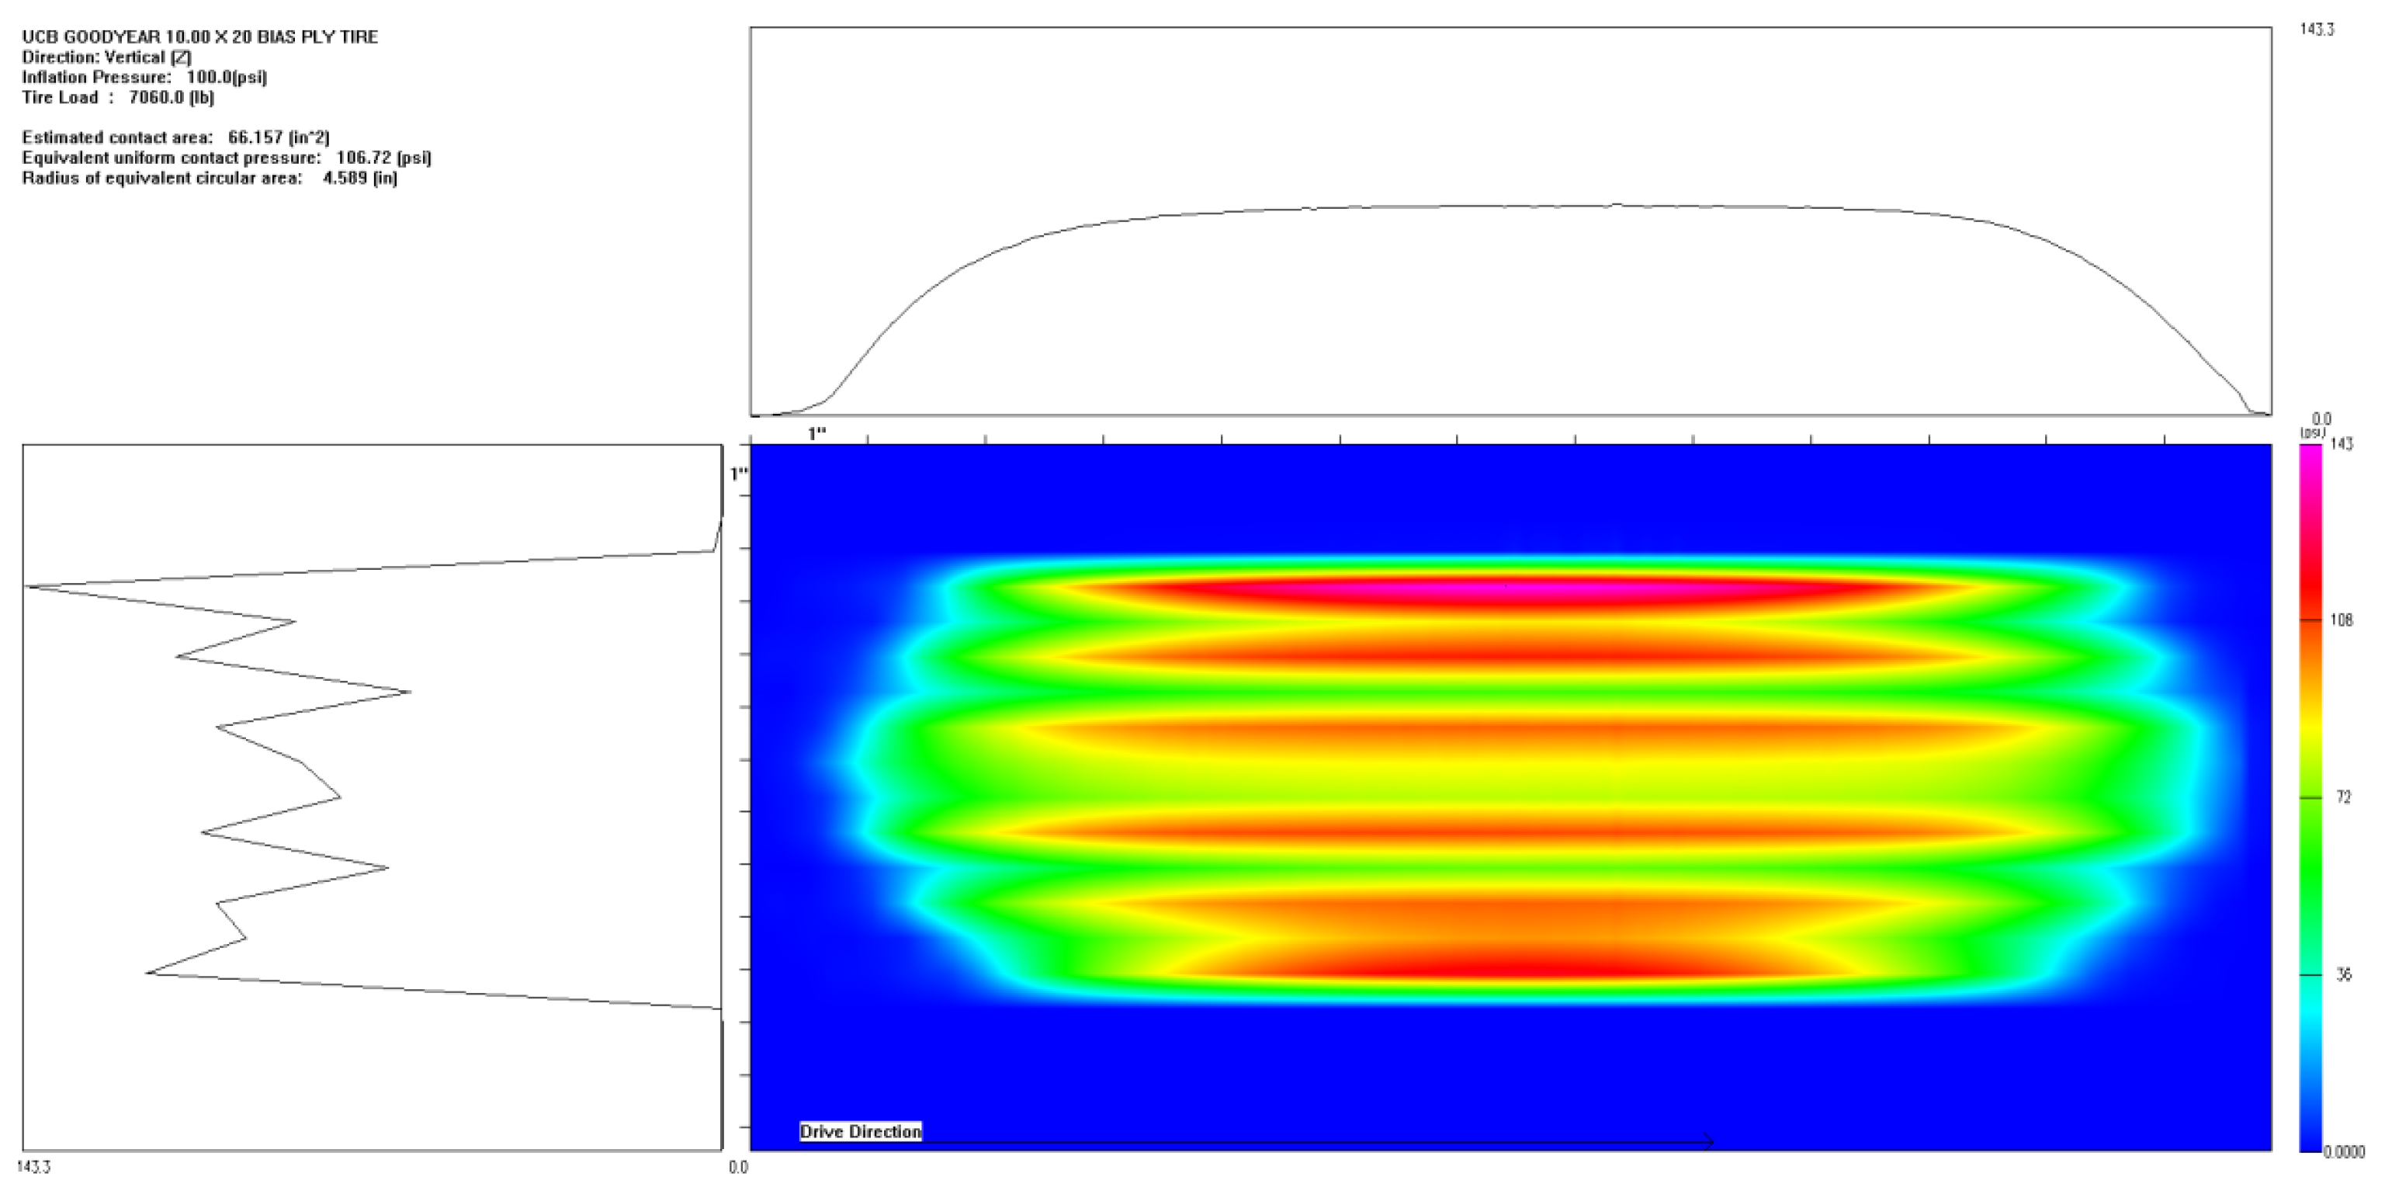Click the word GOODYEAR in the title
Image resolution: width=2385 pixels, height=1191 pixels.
click(105, 37)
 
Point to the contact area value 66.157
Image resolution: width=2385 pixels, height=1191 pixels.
click(255, 137)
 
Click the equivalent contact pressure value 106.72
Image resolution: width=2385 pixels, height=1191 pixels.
click(364, 158)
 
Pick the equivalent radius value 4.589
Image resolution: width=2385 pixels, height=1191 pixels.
click(344, 178)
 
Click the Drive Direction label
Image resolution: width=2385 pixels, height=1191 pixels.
click(860, 1132)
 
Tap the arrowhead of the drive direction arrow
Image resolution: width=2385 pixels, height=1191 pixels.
click(1710, 1142)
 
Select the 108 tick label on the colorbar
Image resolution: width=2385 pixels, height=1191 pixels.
click(2342, 620)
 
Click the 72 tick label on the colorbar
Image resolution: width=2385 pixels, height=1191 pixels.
click(2343, 797)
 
